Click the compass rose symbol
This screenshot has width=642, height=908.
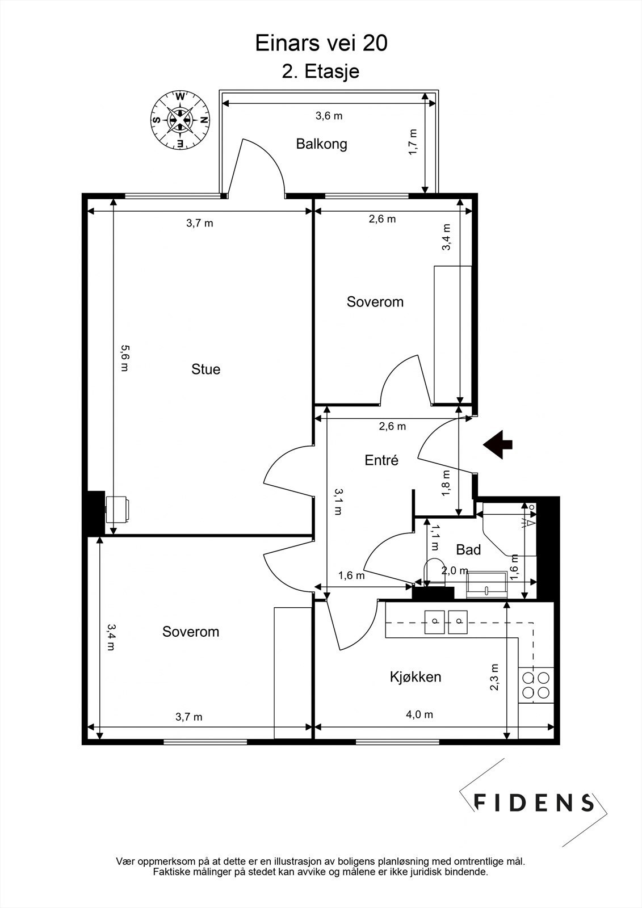[x=180, y=120]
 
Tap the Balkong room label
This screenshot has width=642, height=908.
[x=322, y=144]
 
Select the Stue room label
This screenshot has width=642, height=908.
[x=205, y=369]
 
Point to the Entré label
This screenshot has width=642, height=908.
[x=381, y=460]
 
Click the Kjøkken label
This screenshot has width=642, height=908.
[x=416, y=676]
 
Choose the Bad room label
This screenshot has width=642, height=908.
[x=468, y=550]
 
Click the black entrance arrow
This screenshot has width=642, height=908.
[x=498, y=445]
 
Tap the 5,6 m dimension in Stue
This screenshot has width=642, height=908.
[x=124, y=358]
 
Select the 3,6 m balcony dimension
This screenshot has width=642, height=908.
[x=329, y=116]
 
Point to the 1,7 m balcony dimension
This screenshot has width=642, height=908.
[x=413, y=142]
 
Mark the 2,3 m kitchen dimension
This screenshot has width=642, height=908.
[x=494, y=677]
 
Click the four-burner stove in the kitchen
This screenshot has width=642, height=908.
[x=536, y=685]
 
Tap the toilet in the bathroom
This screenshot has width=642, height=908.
[x=434, y=572]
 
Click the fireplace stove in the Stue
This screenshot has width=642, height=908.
[x=118, y=510]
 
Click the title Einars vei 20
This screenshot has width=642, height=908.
[x=321, y=43]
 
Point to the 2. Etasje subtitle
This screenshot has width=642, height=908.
[x=321, y=72]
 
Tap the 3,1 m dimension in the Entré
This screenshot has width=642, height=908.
[x=337, y=502]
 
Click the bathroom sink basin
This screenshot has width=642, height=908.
[x=486, y=585]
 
